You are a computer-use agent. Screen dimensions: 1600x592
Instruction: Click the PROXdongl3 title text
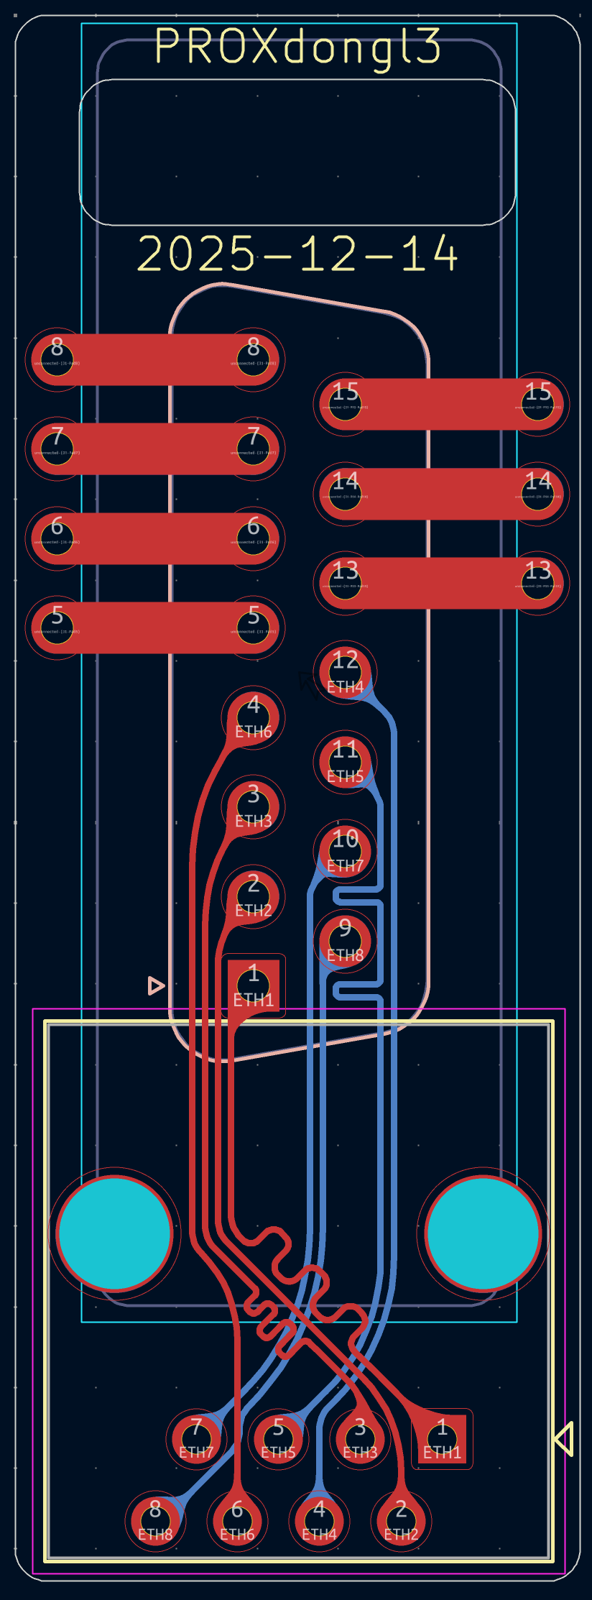297,47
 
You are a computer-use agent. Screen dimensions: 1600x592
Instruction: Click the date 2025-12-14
297,254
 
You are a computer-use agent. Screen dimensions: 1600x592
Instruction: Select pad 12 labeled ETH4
346,673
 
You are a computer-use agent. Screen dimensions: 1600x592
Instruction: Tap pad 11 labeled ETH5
346,762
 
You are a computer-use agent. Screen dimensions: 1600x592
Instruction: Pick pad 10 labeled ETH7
346,851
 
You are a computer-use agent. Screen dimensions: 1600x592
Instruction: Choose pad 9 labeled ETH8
346,940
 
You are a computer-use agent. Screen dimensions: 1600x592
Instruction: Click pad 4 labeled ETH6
254,717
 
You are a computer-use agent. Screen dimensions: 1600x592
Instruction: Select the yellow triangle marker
564,1439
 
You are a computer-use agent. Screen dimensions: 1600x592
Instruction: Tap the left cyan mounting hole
114,1233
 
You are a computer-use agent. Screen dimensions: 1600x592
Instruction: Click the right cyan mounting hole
483,1233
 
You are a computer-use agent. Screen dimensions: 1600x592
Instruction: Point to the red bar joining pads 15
441,405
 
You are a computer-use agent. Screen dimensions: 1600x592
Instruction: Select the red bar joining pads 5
155,628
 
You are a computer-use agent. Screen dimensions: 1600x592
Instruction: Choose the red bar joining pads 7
155,449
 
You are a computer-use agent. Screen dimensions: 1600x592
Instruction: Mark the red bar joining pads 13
441,583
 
